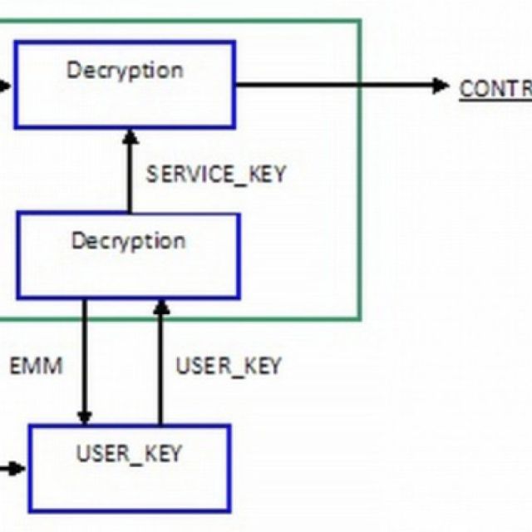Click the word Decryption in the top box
click(x=125, y=70)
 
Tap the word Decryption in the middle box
click(x=128, y=242)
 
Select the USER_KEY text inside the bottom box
click(x=129, y=454)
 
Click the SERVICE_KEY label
click(x=216, y=175)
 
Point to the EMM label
click(x=36, y=366)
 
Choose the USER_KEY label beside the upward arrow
click(x=229, y=366)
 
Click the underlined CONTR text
click(x=495, y=89)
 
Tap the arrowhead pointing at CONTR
click(x=441, y=86)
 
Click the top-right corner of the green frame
click(x=360, y=21)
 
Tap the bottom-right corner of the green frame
click(x=360, y=318)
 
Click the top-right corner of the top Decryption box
click(x=234, y=42)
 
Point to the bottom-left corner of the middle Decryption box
click(x=17, y=298)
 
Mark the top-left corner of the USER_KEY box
click(x=30, y=426)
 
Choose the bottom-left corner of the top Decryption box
click(x=15, y=126)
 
